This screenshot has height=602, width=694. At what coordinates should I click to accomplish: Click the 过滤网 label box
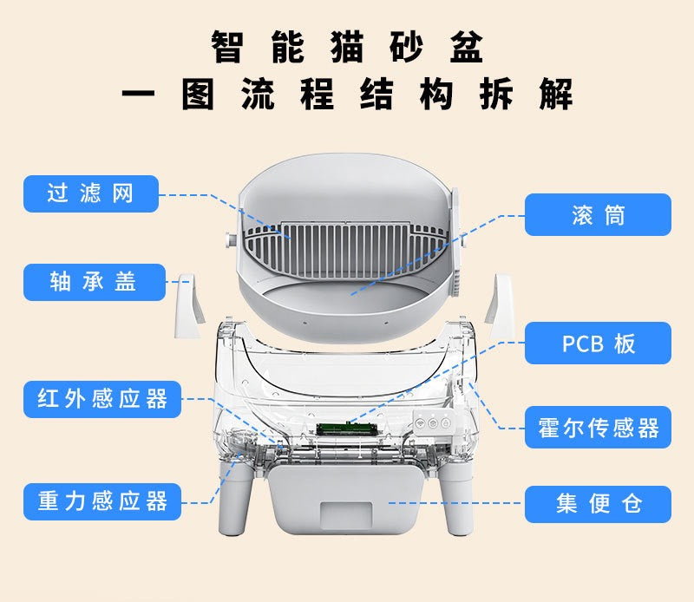pyautogui.click(x=91, y=194)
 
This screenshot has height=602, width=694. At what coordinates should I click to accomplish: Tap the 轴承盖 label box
pyautogui.click(x=95, y=283)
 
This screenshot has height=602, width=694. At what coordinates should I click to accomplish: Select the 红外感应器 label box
pyautogui.click(x=102, y=399)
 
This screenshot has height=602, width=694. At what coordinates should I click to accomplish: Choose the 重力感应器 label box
pyautogui.click(x=102, y=502)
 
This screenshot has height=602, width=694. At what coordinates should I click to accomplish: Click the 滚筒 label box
pyautogui.click(x=598, y=214)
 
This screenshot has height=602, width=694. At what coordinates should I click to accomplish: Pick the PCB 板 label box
pyautogui.click(x=598, y=343)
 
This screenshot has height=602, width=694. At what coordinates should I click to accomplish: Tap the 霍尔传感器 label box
pyautogui.click(x=598, y=427)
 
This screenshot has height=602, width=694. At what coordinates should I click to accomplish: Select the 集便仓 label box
pyautogui.click(x=598, y=504)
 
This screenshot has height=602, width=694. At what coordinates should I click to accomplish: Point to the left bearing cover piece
pyautogui.click(x=189, y=305)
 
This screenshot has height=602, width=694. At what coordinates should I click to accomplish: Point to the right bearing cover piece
pyautogui.click(x=499, y=305)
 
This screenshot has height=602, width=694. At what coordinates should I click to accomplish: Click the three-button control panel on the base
pyautogui.click(x=433, y=423)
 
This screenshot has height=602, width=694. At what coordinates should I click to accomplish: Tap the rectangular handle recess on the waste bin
pyautogui.click(x=346, y=514)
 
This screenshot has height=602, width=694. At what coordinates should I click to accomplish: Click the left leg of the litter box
pyautogui.click(x=235, y=494)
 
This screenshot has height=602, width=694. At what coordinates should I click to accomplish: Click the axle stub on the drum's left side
pyautogui.click(x=232, y=240)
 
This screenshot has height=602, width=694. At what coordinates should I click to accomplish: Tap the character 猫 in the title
pyautogui.click(x=347, y=47)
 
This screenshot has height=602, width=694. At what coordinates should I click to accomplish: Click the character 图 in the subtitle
pyautogui.click(x=199, y=94)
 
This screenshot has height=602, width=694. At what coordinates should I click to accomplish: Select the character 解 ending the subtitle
pyautogui.click(x=556, y=94)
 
